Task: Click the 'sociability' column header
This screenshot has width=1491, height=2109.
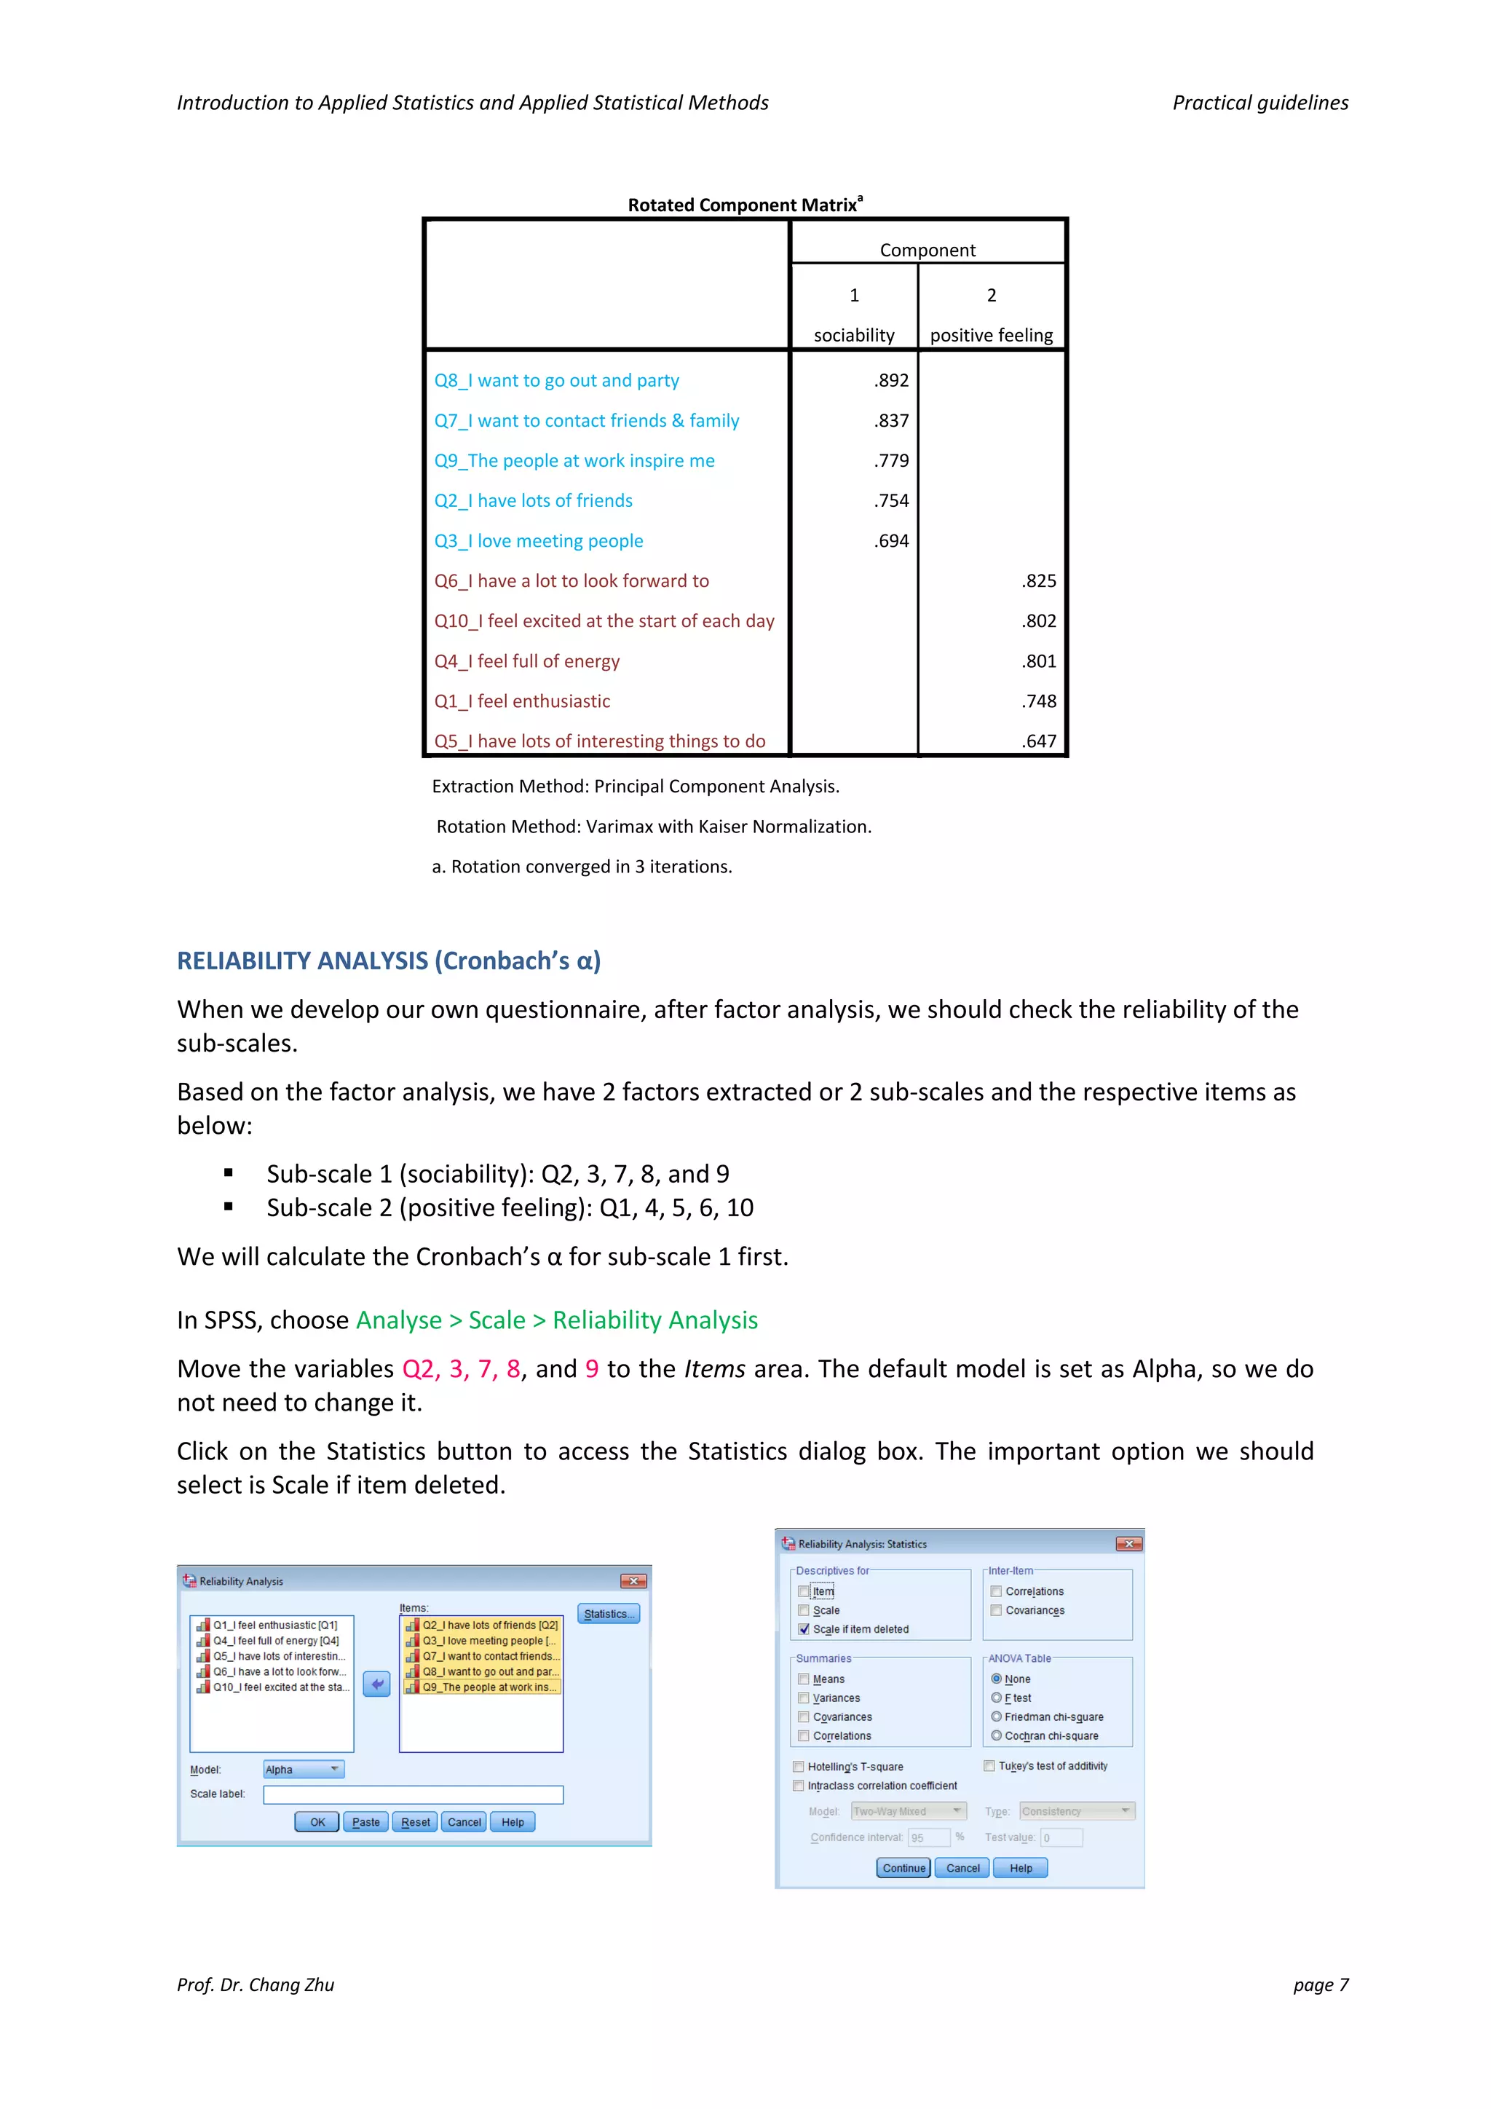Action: [x=854, y=335]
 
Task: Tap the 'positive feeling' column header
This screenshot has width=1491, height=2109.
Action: [x=992, y=335]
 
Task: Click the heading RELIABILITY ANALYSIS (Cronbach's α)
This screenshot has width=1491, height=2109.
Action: [x=388, y=961]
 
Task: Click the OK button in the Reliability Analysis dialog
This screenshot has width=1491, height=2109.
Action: [x=317, y=1822]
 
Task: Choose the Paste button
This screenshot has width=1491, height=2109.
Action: [x=365, y=1822]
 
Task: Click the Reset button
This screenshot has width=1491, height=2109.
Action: [x=415, y=1822]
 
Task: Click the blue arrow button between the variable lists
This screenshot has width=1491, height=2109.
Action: [x=376, y=1684]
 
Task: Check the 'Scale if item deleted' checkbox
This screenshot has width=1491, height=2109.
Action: [x=804, y=1630]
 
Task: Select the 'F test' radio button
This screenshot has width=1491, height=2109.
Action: [x=996, y=1698]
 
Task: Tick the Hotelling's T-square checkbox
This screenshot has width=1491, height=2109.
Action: [x=799, y=1767]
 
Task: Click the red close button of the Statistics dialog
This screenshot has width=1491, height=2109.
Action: [x=1128, y=1544]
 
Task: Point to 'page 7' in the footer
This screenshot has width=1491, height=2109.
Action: [x=1320, y=1985]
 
